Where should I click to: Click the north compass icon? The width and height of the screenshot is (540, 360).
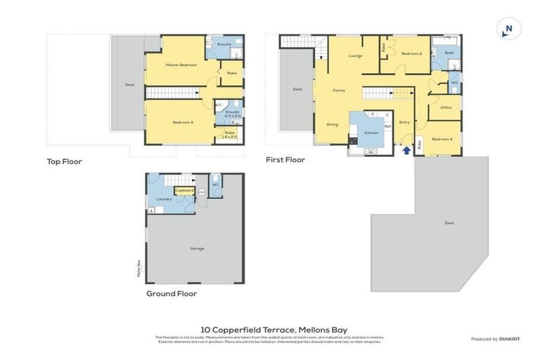pos(508,29)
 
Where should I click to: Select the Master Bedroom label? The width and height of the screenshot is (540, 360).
pos(181,65)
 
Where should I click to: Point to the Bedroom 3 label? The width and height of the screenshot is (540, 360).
pos(182,122)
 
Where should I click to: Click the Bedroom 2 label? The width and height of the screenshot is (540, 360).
pos(411,53)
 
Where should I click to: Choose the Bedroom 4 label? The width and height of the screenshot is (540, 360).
pos(442,139)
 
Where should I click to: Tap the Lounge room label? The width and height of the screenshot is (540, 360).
pos(355,55)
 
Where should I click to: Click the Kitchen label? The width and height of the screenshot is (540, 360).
pos(371,132)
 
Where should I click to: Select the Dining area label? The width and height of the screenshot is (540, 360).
pos(332,124)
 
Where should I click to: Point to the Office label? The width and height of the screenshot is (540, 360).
pos(446,108)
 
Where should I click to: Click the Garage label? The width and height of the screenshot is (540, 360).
pos(198,248)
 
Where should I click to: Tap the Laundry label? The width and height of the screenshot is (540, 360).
pos(164,199)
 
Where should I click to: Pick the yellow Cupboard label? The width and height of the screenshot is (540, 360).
pos(184,191)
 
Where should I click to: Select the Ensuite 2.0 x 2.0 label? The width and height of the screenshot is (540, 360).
pos(232,113)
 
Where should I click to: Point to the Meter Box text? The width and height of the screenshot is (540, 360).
pos(139,268)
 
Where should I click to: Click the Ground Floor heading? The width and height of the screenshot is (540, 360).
pos(171,293)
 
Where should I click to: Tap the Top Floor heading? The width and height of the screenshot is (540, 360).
pos(64,161)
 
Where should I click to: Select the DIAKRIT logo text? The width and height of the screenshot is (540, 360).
pos(509,339)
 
